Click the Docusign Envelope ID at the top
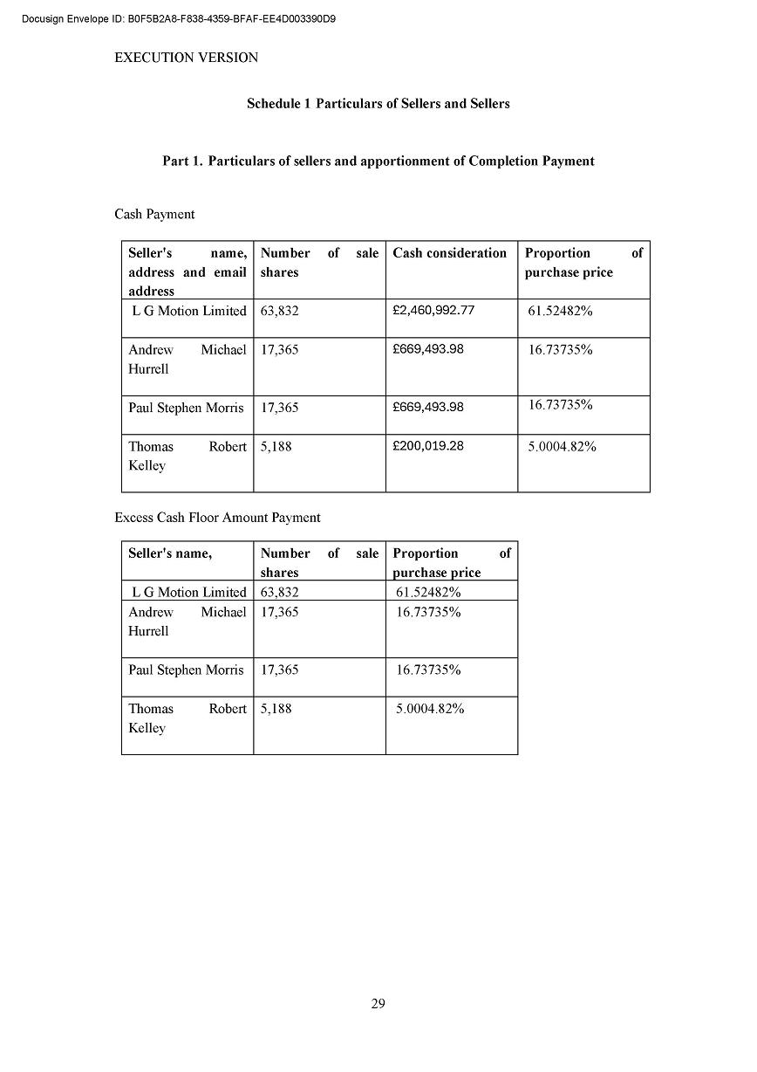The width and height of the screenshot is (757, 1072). (179, 18)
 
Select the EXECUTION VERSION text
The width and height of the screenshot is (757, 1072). (186, 58)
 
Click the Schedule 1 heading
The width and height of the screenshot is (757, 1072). (378, 103)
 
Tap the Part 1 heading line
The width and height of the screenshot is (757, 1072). (378, 161)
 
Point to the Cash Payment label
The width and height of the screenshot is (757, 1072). (154, 214)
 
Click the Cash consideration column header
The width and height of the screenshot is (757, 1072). (449, 253)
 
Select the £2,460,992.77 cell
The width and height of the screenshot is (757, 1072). (433, 310)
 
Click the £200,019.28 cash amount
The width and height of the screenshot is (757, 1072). (428, 446)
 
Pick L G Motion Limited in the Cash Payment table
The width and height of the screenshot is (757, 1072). (189, 311)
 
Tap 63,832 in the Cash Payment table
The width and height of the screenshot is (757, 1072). (280, 311)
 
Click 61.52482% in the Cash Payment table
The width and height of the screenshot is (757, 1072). (560, 311)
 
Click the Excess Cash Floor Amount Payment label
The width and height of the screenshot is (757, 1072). (217, 517)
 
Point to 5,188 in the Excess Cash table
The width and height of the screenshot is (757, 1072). (276, 709)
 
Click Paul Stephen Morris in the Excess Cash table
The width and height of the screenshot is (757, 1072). (186, 670)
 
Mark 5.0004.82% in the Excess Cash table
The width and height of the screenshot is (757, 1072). (430, 709)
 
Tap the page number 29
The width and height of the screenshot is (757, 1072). (378, 1003)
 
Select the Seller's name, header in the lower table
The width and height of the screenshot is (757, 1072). (170, 553)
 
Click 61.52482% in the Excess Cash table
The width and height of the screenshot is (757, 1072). (428, 592)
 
